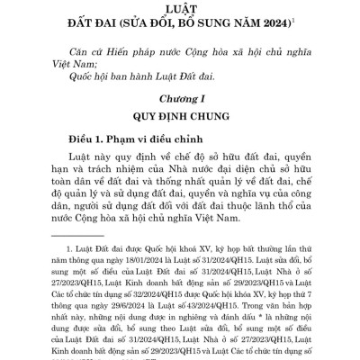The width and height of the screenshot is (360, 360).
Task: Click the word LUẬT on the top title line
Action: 180,8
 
